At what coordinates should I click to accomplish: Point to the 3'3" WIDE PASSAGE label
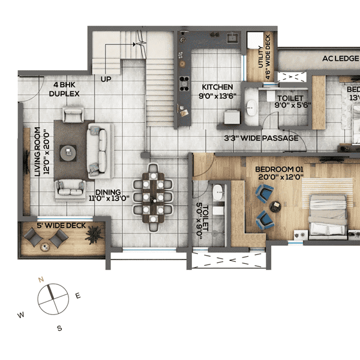[260, 138]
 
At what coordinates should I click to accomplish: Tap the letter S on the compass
[59, 328]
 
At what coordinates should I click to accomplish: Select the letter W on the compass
[21, 314]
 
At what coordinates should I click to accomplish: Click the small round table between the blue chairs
[276, 206]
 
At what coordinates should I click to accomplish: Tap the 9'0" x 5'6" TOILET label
[290, 101]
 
